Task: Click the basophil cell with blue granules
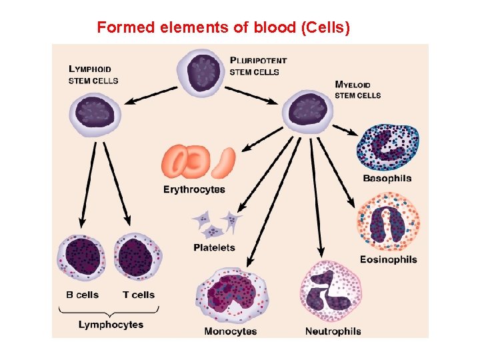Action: (390, 147)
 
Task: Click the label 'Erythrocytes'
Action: (194, 189)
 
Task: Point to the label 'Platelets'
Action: (214, 247)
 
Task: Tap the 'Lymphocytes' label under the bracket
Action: (111, 325)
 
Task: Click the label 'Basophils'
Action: (387, 179)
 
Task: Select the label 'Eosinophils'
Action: (389, 259)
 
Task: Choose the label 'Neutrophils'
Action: (333, 331)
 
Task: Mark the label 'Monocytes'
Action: (231, 331)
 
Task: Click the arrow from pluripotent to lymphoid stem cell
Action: (150, 95)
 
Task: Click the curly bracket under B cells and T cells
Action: (111, 311)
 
